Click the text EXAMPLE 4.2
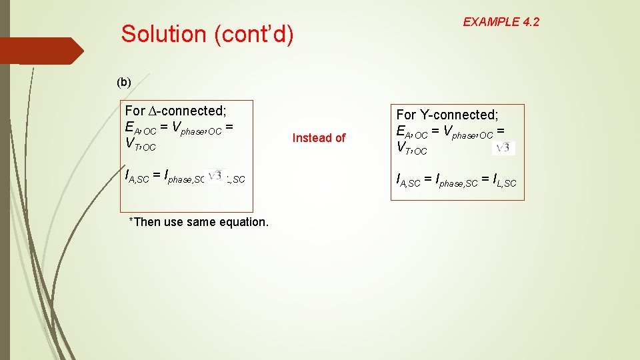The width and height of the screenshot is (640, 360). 501,22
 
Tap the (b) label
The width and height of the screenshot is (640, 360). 124,82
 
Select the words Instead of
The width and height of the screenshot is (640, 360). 319,138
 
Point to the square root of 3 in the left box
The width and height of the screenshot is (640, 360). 216,175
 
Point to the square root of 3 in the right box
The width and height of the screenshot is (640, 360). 503,148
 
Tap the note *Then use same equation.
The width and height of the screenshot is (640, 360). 199,222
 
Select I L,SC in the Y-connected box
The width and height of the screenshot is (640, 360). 503,180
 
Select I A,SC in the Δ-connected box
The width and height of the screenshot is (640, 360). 137,177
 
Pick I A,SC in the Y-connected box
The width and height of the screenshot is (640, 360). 408,180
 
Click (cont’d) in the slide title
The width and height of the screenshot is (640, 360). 253,33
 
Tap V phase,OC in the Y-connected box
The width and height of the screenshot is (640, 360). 467,133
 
